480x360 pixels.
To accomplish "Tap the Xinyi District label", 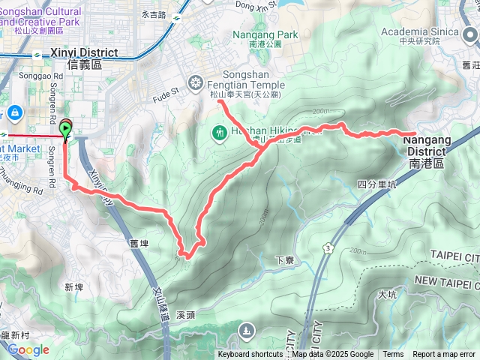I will (86, 58).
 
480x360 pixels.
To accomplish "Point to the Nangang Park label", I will (265, 34).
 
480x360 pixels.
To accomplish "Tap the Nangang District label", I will (427, 145).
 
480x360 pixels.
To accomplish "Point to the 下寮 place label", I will (284, 260).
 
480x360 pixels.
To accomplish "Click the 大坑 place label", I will (388, 295).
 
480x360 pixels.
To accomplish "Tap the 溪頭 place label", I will (186, 315).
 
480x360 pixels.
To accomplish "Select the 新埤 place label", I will (73, 287).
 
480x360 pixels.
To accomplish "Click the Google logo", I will (28, 349).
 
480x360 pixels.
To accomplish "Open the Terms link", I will (393, 355).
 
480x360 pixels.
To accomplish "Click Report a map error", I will (444, 355).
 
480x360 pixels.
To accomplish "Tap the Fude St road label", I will (166, 92).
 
